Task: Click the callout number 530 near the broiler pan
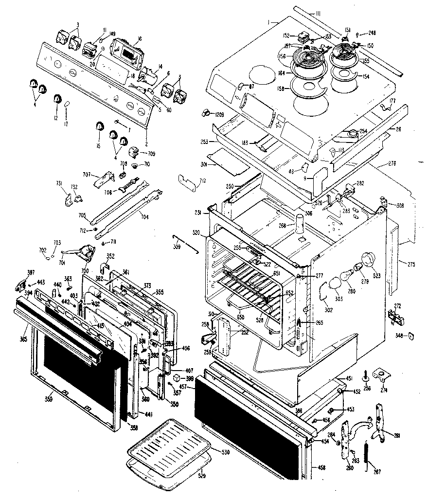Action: pyautogui.click(x=225, y=452)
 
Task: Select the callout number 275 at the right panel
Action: pyautogui.click(x=411, y=264)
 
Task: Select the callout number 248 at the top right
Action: pyautogui.click(x=372, y=34)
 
